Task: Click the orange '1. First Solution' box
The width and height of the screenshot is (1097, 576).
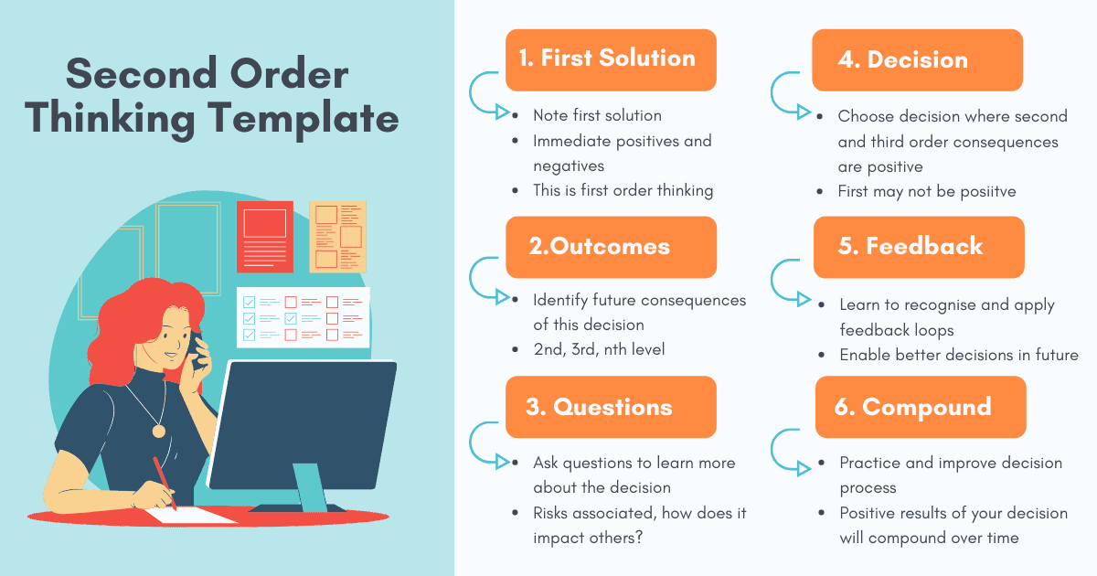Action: click(611, 59)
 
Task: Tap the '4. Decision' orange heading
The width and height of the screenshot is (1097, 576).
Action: click(917, 59)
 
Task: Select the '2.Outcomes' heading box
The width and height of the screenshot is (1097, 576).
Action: click(612, 248)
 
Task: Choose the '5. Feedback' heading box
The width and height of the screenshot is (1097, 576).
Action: click(919, 248)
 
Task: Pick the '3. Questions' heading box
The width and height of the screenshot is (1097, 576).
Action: click(611, 407)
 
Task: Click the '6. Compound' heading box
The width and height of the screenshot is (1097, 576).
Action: click(921, 407)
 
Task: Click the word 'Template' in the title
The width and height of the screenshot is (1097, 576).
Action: click(304, 119)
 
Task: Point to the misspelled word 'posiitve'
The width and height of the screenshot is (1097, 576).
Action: click(988, 191)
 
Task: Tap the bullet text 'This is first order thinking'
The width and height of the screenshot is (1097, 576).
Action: click(623, 190)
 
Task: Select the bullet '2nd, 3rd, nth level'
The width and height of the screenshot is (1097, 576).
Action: click(599, 349)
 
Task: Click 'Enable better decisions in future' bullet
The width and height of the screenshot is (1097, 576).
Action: click(959, 355)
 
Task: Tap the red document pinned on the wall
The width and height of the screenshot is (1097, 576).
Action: click(265, 237)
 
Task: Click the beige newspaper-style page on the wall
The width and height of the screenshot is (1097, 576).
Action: click(338, 237)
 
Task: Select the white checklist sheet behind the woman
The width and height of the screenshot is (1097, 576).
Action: click(304, 317)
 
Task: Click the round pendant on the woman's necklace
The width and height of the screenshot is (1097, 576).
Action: click(159, 431)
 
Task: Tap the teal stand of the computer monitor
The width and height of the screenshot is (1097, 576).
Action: click(310, 487)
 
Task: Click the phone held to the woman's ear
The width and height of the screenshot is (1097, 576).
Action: click(197, 350)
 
